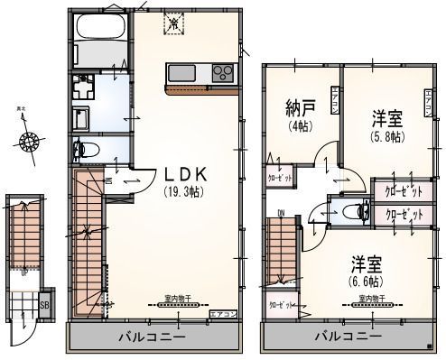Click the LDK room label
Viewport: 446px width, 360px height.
click(x=186, y=175)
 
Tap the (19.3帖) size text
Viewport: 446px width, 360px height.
click(x=184, y=192)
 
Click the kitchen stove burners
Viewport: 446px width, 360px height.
click(x=222, y=73)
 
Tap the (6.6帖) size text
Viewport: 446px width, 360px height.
click(x=365, y=279)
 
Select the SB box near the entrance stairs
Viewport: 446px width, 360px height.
click(x=44, y=305)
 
